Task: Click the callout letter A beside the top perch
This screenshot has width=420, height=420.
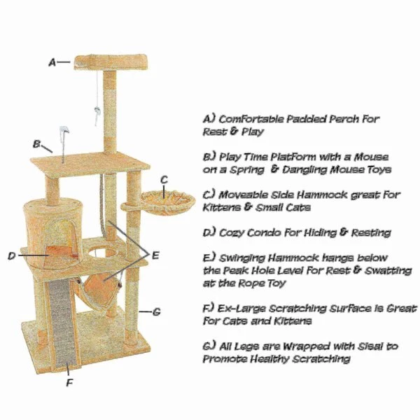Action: tap(52, 62)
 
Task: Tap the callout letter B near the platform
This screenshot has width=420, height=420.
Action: tap(36, 144)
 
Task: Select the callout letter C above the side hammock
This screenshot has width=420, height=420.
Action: tap(164, 179)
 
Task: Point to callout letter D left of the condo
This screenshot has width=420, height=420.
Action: tap(11, 255)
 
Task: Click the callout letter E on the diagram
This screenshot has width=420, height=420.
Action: tap(155, 255)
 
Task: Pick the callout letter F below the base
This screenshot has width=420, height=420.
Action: tap(69, 383)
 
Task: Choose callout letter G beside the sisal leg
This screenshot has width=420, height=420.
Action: tap(156, 311)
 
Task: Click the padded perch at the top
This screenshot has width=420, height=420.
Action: tap(111, 62)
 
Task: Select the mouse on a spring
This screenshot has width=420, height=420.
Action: tap(64, 132)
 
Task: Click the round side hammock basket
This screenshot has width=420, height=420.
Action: tap(168, 202)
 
